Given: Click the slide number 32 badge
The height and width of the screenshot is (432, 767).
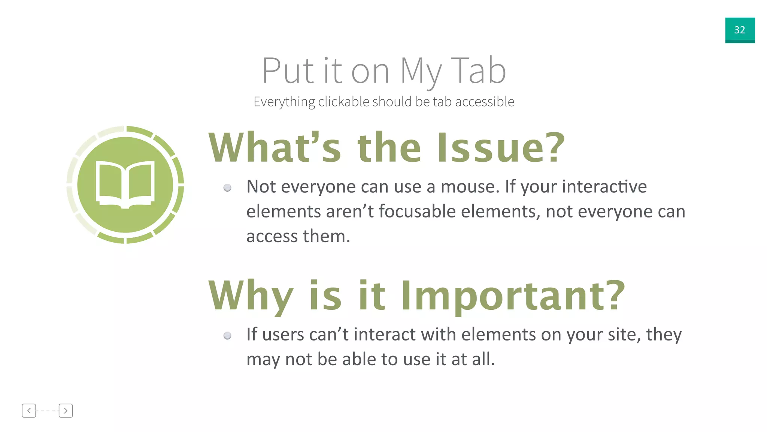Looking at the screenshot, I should click(x=740, y=30).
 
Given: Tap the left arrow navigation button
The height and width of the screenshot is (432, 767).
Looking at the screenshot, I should click(x=29, y=411).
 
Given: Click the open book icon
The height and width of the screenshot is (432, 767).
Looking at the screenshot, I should click(x=125, y=184).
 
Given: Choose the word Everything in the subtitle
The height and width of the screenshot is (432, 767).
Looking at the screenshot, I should click(x=284, y=102).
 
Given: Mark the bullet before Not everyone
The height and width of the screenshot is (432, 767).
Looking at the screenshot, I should click(x=227, y=188).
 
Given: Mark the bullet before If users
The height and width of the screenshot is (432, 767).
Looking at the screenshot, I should click(x=227, y=336).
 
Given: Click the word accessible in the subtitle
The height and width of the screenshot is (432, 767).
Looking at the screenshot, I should click(x=485, y=102).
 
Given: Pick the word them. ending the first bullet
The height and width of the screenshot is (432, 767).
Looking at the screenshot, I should click(x=326, y=236).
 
